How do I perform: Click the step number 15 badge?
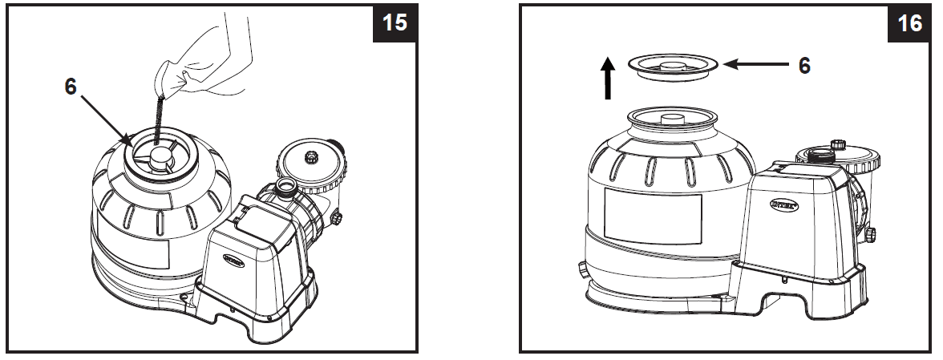pos(394,22)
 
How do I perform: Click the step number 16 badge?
pos(911,22)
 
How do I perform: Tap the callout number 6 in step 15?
pos(71,87)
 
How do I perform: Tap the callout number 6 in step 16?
pos(803,65)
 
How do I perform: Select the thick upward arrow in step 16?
pos(608,79)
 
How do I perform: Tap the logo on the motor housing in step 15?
pos(231,261)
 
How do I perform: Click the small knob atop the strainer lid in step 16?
pos(837,144)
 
